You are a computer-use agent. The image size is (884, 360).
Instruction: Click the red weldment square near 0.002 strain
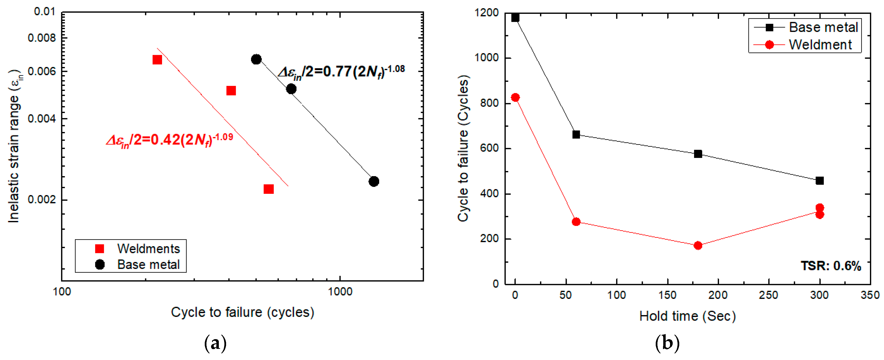coord(268,189)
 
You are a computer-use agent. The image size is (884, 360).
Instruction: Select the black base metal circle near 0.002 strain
coord(374,181)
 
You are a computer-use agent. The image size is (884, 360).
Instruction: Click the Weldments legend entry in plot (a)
coord(148,248)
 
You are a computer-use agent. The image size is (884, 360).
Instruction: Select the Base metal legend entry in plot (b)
coord(823,27)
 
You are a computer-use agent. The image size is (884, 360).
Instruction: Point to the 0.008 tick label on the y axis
coord(41,38)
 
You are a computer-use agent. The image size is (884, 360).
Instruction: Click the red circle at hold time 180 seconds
coord(698,245)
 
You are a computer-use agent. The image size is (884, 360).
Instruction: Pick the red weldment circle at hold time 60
coord(576,222)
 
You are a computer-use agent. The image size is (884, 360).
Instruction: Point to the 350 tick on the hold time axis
coord(870,295)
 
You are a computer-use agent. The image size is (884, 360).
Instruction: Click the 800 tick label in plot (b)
coord(489,103)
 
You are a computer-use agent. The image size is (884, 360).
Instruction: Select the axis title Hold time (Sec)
coord(687,316)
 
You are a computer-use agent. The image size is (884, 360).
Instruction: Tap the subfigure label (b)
coord(667,343)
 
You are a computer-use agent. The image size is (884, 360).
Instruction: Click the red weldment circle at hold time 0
coord(515,98)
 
